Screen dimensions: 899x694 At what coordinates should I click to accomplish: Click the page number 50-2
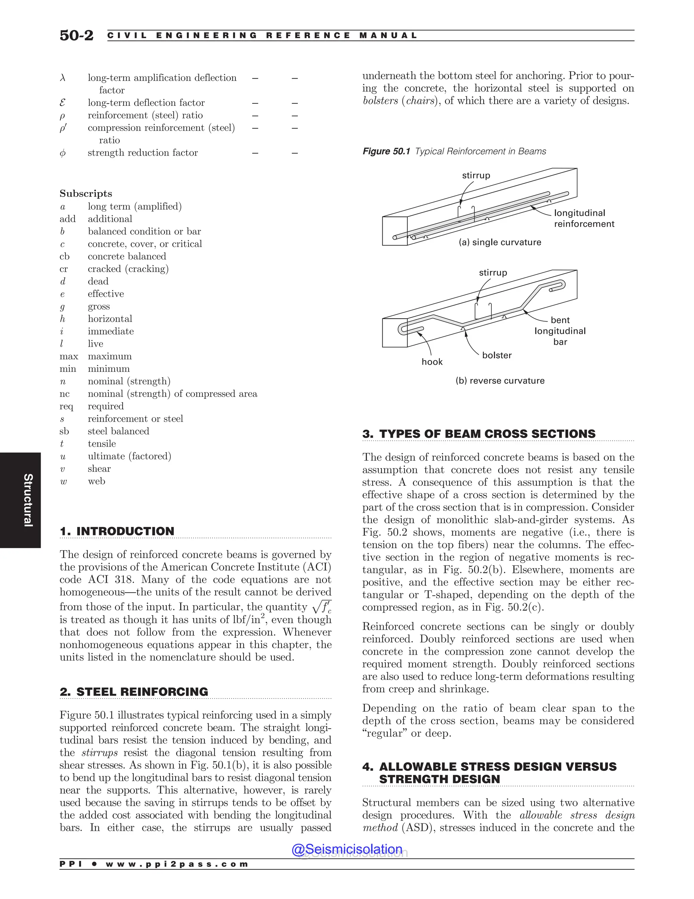point(77,35)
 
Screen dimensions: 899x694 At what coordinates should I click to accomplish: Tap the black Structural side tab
point(21,500)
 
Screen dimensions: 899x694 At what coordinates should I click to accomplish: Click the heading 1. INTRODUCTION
point(117,531)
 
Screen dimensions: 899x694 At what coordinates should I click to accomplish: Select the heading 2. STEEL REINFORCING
point(134,691)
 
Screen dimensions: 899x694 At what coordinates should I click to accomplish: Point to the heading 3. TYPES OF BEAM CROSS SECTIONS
point(479,434)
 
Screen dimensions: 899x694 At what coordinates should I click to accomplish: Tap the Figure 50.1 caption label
point(386,151)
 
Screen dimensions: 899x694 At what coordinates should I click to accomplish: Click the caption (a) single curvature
point(499,242)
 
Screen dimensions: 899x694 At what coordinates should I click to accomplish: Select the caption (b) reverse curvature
point(499,380)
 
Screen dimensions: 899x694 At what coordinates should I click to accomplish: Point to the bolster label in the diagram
point(497,355)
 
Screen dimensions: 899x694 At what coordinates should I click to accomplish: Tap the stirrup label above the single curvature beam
point(476,175)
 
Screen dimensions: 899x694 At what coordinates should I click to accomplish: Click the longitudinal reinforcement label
point(584,218)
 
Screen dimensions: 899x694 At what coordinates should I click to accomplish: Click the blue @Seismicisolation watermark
point(347,849)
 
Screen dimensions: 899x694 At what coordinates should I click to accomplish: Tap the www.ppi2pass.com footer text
point(177,864)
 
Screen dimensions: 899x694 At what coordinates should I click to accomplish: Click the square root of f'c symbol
point(322,607)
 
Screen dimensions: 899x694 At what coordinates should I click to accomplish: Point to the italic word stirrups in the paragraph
point(100,752)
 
